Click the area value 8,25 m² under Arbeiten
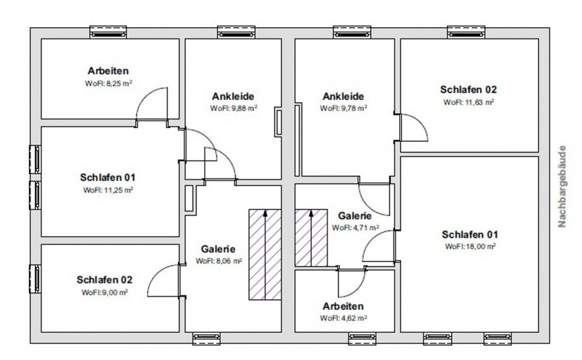click(119, 83)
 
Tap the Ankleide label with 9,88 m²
click(233, 97)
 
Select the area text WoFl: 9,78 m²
click(344, 108)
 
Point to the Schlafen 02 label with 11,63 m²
click(468, 89)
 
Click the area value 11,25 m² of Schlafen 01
click(118, 190)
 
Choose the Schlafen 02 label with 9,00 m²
click(104, 280)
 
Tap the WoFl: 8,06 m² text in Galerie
click(219, 261)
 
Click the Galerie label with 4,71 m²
click(355, 216)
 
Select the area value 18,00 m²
click(481, 247)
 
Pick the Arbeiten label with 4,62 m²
click(343, 307)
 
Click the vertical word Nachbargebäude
click(562, 186)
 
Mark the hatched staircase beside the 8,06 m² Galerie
click(264, 254)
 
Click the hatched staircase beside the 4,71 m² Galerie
click(311, 238)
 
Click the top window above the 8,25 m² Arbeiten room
click(108, 32)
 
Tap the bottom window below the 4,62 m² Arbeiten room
click(362, 338)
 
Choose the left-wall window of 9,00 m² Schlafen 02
click(35, 279)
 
